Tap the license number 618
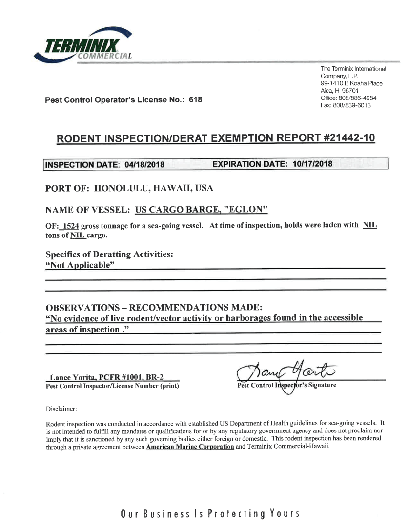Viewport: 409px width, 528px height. (x=195, y=100)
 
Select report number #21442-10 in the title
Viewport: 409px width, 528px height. (x=349, y=138)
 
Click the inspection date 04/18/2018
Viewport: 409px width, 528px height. (x=144, y=165)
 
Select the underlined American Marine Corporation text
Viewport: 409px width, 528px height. (x=190, y=447)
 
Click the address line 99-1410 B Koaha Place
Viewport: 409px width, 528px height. (x=351, y=83)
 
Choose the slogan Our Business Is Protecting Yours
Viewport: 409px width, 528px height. (x=209, y=514)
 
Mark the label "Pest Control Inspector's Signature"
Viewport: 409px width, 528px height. (x=286, y=386)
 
